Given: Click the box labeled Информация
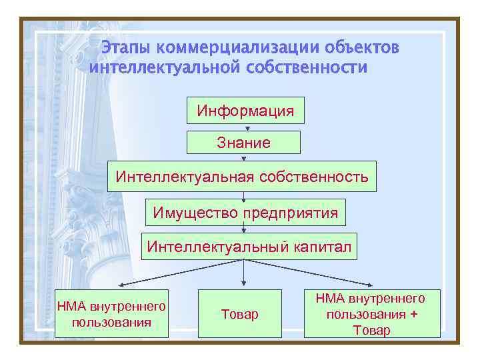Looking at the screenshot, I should point(245,111).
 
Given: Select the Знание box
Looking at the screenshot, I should point(243,142).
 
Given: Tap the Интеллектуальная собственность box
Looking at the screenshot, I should point(242,177).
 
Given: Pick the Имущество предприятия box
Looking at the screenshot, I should point(245,213).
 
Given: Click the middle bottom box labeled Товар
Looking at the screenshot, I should point(240,314).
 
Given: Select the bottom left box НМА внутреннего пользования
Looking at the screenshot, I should point(112,314).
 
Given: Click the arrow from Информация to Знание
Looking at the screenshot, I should point(247,128).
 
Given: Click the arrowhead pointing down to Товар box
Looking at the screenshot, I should point(243,286).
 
